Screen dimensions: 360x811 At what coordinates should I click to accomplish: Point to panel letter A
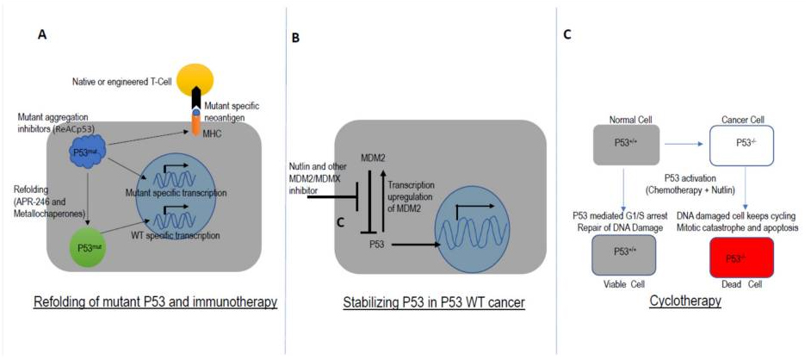tap(42, 34)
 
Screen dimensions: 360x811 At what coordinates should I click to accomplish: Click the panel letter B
tap(297, 38)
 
